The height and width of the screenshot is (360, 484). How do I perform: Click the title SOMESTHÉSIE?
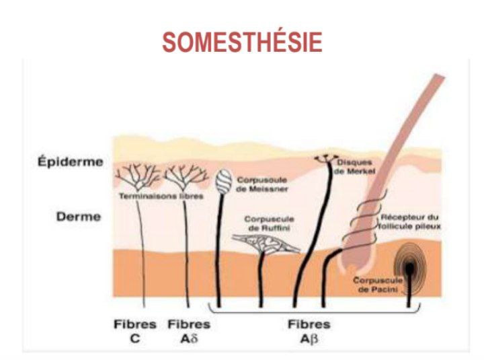click(242, 42)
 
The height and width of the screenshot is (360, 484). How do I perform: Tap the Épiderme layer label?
click(71, 162)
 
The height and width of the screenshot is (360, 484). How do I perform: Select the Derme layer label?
click(79, 216)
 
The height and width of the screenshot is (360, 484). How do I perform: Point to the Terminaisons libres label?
click(161, 196)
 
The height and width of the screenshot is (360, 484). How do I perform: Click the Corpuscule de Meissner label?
click(261, 184)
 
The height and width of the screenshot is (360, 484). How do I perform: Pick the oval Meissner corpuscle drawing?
click(223, 182)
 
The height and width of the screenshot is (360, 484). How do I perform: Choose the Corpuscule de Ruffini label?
click(269, 223)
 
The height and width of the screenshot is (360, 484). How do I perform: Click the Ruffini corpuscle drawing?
click(265, 243)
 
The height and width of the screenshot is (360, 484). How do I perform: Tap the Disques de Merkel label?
click(354, 167)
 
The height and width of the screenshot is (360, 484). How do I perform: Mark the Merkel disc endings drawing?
click(326, 159)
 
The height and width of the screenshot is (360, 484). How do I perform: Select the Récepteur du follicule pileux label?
click(409, 222)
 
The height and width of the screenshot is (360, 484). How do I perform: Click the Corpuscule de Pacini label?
click(378, 285)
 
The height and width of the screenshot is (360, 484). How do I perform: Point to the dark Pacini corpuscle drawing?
click(410, 268)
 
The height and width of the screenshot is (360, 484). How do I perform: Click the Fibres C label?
click(135, 331)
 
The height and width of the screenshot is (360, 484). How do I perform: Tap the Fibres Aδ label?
click(189, 331)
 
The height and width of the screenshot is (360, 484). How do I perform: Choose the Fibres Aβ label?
click(309, 331)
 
